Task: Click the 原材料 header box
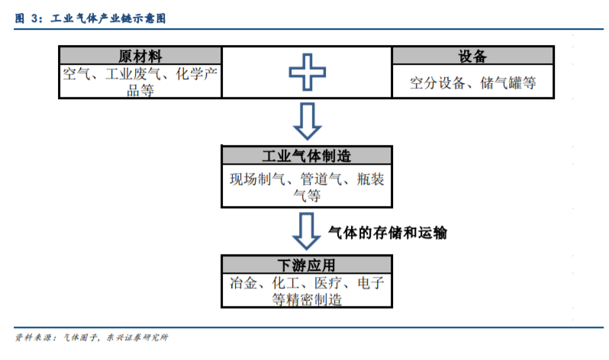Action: point(140,56)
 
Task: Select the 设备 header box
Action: point(472,56)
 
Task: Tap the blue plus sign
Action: point(308,72)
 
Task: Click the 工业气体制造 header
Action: point(307,156)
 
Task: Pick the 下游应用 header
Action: point(307,265)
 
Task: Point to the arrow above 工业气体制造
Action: point(308,121)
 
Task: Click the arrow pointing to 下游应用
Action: point(307,231)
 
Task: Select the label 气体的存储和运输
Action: point(388,233)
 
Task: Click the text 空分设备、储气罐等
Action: point(472,82)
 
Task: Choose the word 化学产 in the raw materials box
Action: point(197,74)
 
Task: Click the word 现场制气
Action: point(257,179)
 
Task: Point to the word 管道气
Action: point(321,179)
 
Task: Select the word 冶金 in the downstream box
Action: point(243,283)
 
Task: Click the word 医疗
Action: point(328,283)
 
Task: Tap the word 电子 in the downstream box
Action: point(371,283)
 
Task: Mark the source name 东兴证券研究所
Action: point(137,337)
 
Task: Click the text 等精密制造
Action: point(307,300)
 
